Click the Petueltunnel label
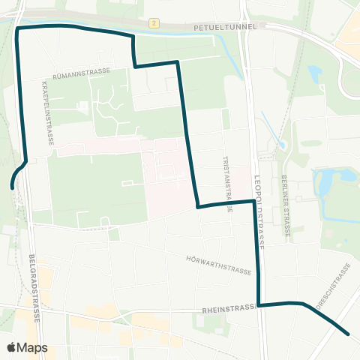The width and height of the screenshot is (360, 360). pos(224,25)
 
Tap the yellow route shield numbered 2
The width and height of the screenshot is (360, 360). pos(153,24)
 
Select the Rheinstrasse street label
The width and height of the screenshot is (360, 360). pos(229,309)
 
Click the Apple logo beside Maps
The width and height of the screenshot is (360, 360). pos(11,348)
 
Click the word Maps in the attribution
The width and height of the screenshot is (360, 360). pos(32,348)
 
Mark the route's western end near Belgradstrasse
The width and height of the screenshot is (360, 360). pos(12,187)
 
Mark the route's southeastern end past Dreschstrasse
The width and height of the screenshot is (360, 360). pos(349,334)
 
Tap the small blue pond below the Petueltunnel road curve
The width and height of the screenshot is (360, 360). pos(313,73)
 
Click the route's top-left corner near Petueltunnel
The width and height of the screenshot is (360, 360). pos(17,28)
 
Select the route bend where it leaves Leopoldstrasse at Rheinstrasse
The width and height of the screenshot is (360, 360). pos(259,305)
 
